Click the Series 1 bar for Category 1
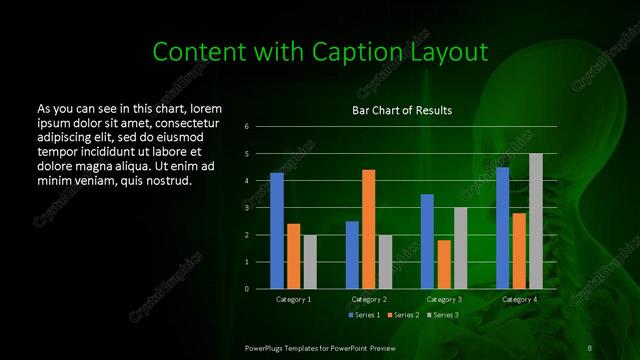tap(276, 231)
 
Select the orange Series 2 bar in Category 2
tap(368, 229)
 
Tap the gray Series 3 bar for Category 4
tap(535, 221)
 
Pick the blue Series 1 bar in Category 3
tap(427, 241)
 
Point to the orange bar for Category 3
tap(443, 264)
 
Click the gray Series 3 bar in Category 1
tap(309, 261)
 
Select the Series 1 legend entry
tap(363, 315)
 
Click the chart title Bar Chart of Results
tap(402, 109)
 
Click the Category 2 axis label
tap(369, 299)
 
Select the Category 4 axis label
tap(518, 299)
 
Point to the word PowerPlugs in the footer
tap(269, 346)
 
